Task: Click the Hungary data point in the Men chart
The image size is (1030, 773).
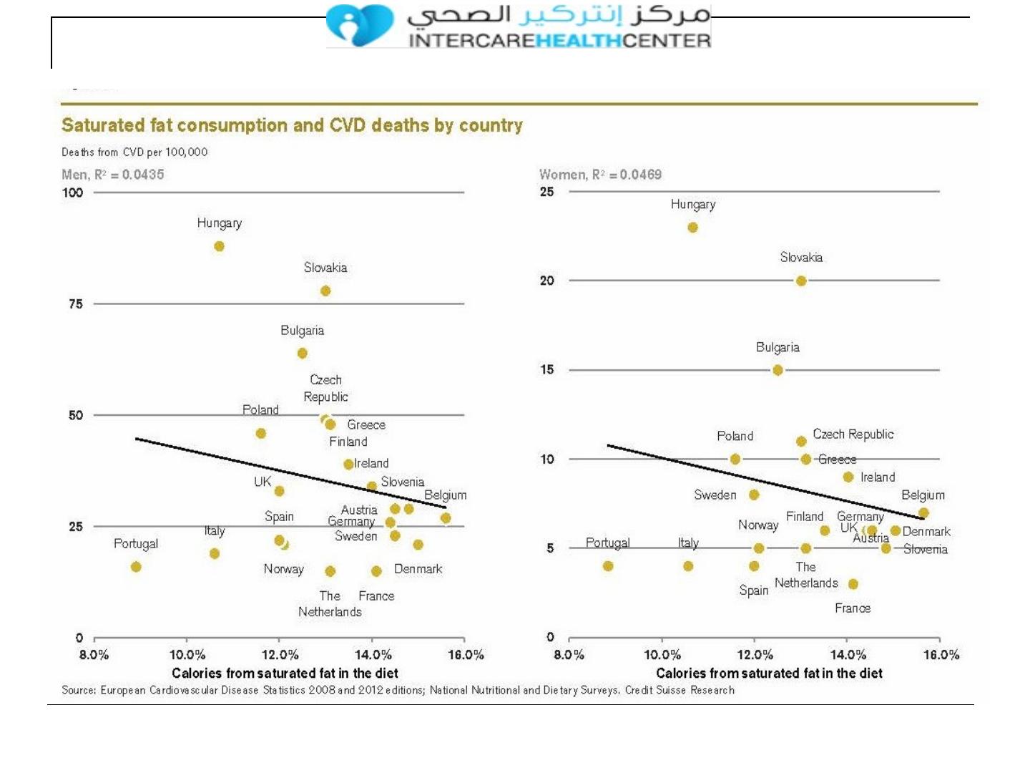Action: click(219, 246)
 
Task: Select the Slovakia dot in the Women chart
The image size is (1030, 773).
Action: click(801, 281)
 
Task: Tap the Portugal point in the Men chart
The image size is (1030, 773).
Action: click(136, 567)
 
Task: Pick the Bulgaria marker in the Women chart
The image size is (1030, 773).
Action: click(778, 370)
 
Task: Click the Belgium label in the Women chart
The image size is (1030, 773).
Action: click(923, 495)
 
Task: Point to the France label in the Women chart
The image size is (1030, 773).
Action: click(853, 608)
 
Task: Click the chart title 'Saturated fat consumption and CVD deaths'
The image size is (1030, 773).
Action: click(292, 125)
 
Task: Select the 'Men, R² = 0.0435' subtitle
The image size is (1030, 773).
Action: click(113, 175)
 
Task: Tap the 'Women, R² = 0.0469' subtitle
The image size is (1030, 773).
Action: click(600, 175)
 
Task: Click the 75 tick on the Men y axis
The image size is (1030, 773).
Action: click(76, 304)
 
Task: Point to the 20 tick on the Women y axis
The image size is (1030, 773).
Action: click(547, 281)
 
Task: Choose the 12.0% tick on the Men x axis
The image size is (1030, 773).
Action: click(280, 655)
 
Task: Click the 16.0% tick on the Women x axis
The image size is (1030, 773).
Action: click(941, 655)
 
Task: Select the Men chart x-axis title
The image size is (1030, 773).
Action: click(285, 674)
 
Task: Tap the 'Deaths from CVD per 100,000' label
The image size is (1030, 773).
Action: click(134, 152)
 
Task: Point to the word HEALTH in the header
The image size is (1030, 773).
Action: click(579, 41)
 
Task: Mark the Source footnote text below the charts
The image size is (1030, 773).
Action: click(398, 691)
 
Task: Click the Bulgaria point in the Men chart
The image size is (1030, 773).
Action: click(303, 354)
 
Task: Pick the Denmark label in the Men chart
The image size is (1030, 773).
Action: click(418, 569)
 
